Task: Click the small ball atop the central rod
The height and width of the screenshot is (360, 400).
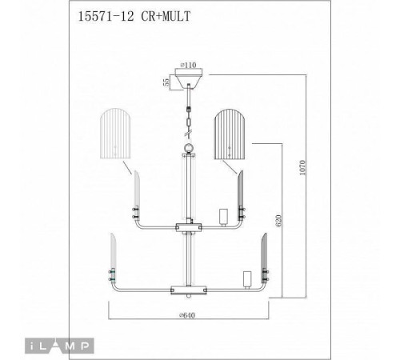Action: coord(189,147)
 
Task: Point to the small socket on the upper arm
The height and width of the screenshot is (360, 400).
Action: coord(224,217)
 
